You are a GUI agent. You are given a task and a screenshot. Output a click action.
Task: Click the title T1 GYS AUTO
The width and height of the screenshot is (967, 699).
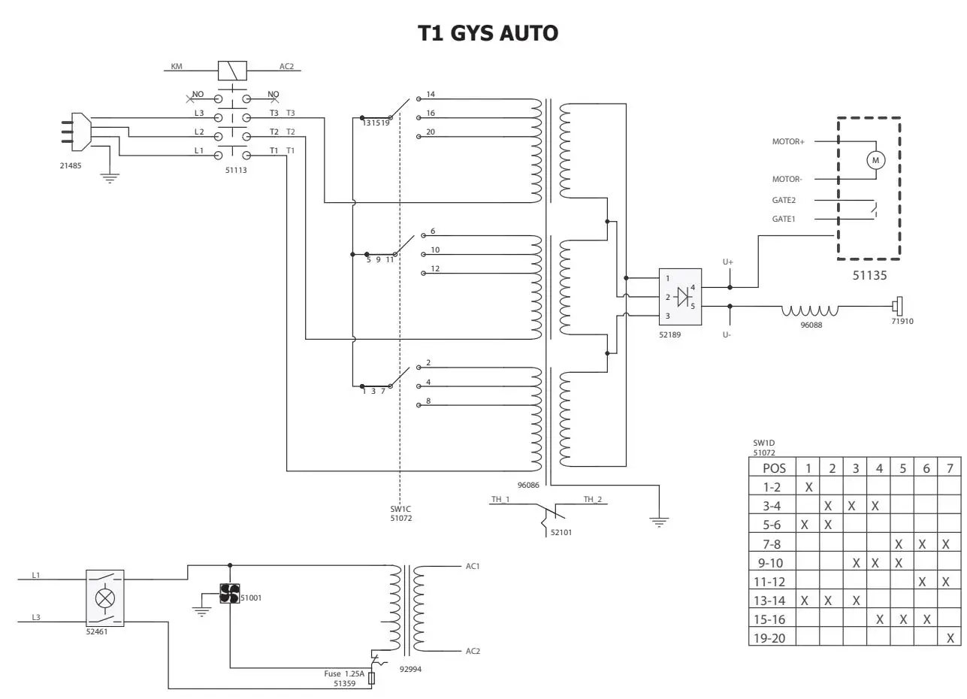click(x=488, y=33)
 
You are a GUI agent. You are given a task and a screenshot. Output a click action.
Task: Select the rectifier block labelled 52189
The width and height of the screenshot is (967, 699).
click(x=680, y=297)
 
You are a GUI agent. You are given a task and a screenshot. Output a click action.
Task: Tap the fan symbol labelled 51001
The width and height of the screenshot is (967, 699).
click(x=229, y=593)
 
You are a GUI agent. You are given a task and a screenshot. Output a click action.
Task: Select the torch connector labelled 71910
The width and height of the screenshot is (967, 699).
click(x=897, y=307)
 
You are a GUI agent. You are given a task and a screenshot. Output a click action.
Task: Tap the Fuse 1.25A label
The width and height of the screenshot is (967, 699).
click(x=344, y=674)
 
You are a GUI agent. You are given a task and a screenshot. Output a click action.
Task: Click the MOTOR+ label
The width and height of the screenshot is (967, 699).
click(x=788, y=141)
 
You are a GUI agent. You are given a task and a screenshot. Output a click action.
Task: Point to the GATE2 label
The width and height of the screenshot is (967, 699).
click(x=784, y=201)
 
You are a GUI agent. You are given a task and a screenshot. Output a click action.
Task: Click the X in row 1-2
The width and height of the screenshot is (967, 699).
click(x=808, y=487)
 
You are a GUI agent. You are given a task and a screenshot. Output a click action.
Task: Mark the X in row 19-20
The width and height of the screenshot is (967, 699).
click(x=950, y=638)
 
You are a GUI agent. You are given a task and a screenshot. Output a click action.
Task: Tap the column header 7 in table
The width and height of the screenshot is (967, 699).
click(x=950, y=468)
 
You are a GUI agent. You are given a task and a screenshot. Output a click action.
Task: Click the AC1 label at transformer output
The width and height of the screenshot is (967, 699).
click(x=473, y=566)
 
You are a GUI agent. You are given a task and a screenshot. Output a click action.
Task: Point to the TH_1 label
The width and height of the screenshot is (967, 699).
click(x=500, y=499)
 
